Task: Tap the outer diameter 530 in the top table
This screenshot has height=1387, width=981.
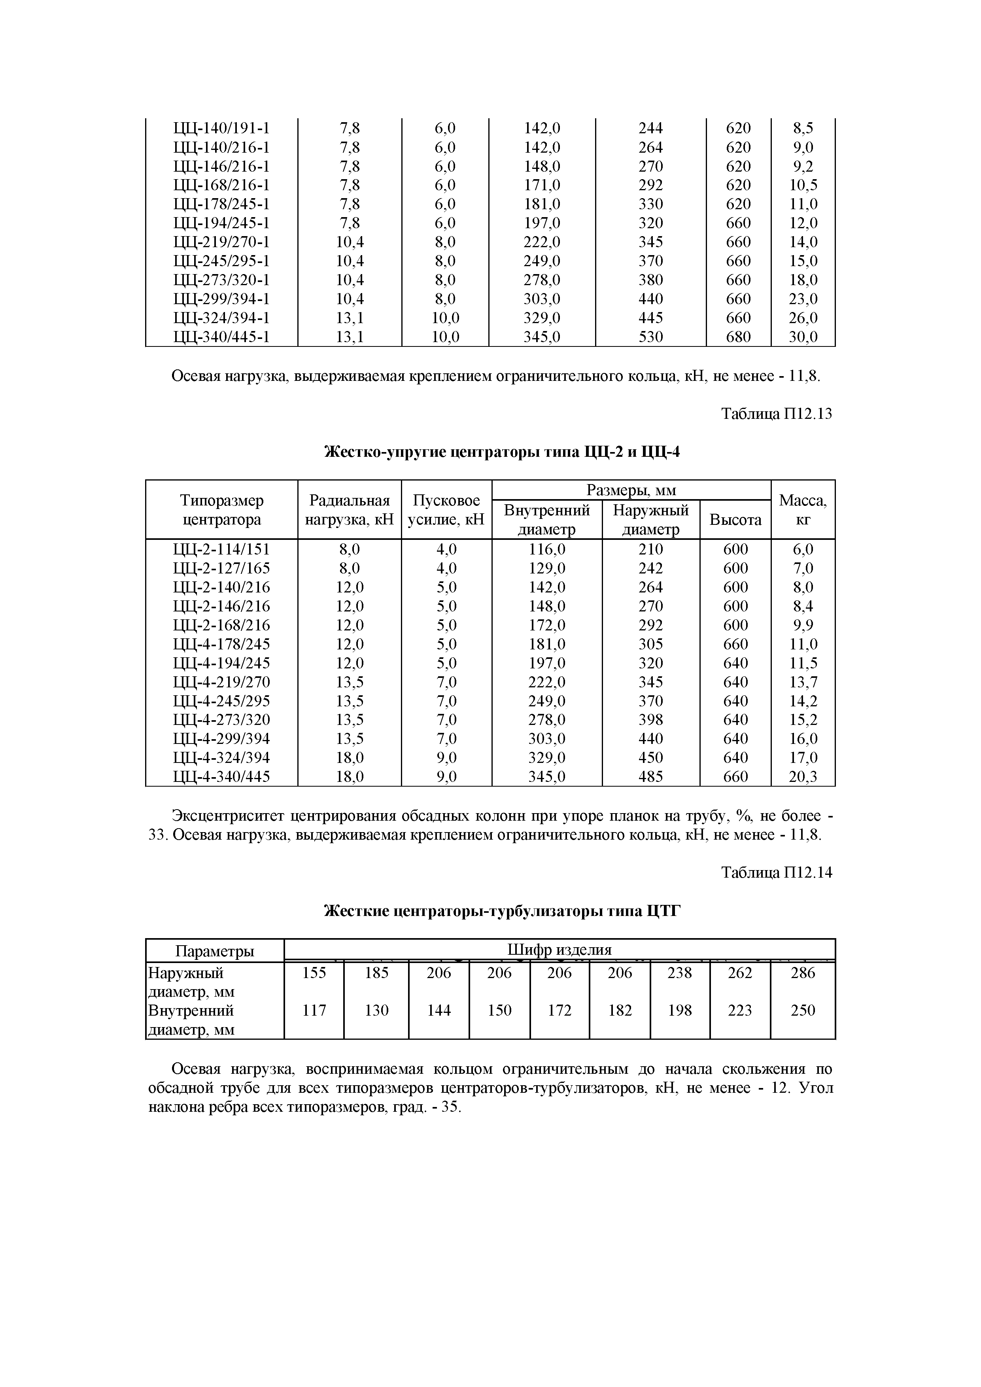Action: [x=650, y=337]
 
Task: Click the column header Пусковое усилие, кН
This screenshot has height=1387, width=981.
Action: [x=446, y=510]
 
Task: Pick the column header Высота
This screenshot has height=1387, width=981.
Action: [x=735, y=520]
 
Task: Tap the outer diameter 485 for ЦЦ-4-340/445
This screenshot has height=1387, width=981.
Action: [x=650, y=777]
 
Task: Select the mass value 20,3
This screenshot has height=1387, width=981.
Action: [x=803, y=777]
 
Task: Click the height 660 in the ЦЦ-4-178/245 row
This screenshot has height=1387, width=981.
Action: [x=735, y=644]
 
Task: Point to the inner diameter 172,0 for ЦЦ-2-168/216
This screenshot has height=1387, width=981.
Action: [x=547, y=625]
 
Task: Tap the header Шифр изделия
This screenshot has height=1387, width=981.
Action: [x=559, y=950]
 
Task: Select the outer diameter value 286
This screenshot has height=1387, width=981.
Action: [x=803, y=973]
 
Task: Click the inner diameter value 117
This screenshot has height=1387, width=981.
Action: [x=314, y=1010]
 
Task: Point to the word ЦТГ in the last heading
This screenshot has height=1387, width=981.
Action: [x=663, y=911]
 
